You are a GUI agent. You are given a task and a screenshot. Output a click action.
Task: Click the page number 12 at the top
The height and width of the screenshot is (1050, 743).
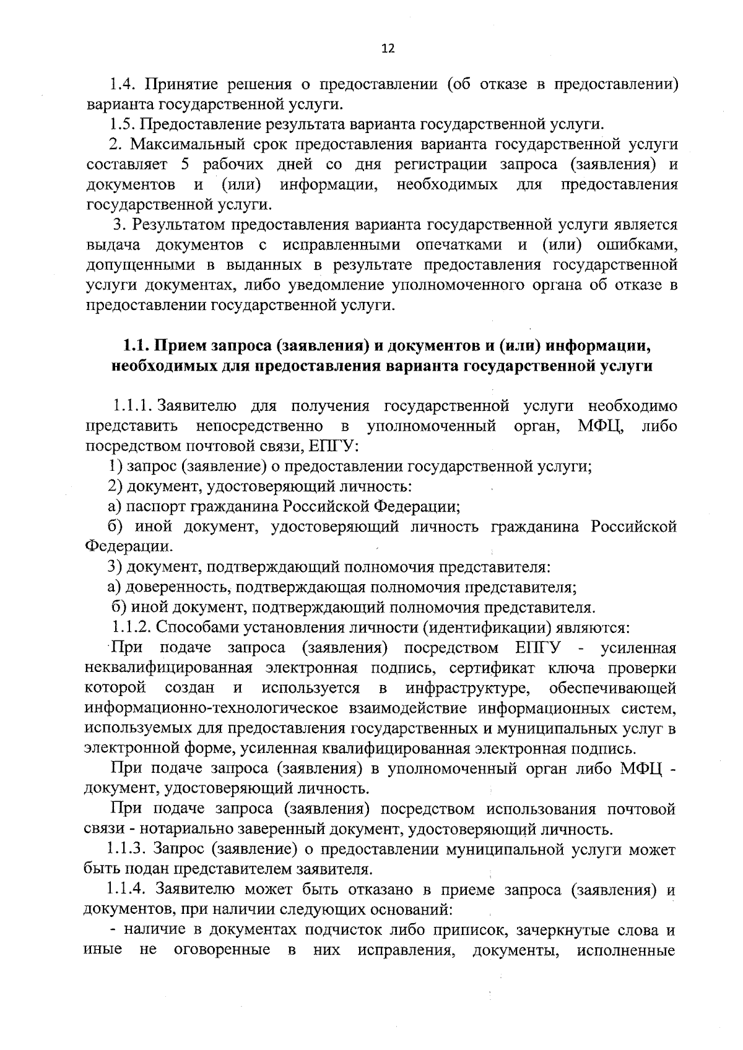point(388,49)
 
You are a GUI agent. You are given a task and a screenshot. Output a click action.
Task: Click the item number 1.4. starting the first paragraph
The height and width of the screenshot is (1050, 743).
point(123,84)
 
